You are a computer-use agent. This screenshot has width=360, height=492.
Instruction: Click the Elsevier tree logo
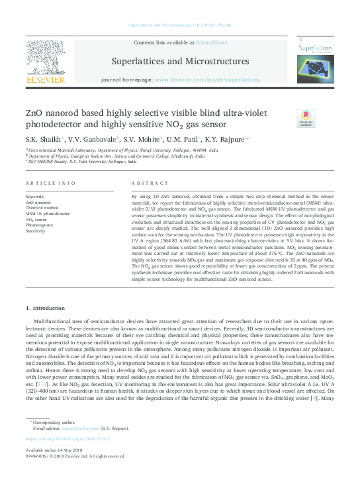pos(45,60)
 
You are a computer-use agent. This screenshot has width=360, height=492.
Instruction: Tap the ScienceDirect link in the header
pos(212,42)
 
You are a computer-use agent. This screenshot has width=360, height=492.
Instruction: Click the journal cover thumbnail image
pos(314,59)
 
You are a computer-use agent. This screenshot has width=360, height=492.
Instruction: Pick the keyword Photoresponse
pos(40,226)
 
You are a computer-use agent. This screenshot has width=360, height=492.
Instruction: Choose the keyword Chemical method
pos(42,209)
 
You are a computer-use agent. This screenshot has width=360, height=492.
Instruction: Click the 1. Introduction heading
pos(46,308)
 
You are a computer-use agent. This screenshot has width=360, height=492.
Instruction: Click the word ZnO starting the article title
pos(33,113)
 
